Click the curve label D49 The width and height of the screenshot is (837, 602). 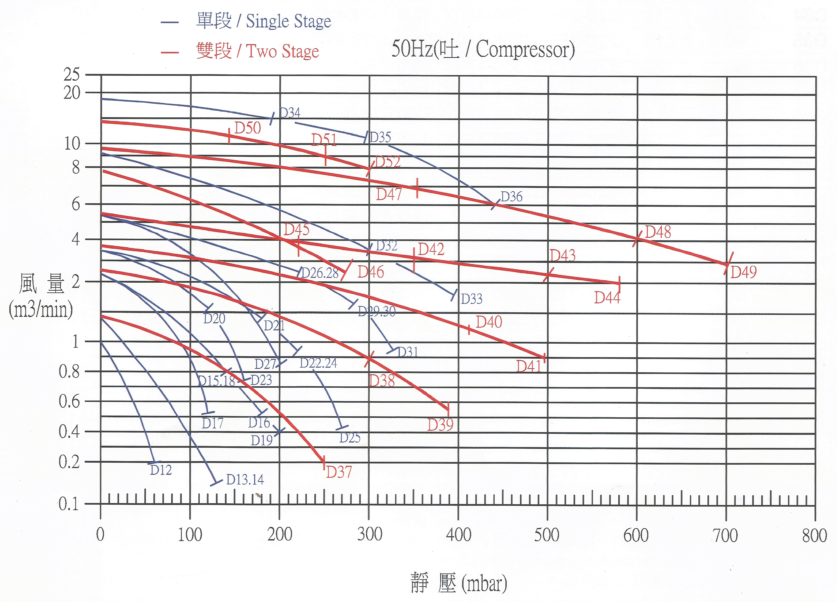(x=743, y=272)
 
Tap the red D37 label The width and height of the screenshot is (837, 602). (x=339, y=472)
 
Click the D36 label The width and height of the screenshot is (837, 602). (x=511, y=197)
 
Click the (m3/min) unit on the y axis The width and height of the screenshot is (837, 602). (x=41, y=309)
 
